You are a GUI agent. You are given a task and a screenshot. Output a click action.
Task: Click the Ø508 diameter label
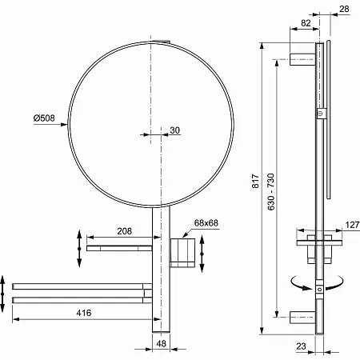(x=44, y=118)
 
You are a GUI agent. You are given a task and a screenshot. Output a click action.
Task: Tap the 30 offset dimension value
(x=174, y=130)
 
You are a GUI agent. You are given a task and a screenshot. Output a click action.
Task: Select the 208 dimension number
(x=125, y=231)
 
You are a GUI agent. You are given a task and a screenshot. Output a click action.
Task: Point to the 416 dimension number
(x=84, y=313)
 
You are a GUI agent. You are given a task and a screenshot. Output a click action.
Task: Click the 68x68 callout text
(x=206, y=223)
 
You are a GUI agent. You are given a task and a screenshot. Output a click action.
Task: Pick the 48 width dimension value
(x=161, y=343)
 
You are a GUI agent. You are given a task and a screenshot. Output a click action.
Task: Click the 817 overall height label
(x=255, y=181)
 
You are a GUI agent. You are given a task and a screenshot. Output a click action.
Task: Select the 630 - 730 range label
(x=271, y=192)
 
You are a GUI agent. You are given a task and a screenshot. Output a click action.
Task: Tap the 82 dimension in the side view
(x=306, y=23)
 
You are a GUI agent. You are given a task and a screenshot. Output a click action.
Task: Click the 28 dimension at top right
(x=344, y=9)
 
